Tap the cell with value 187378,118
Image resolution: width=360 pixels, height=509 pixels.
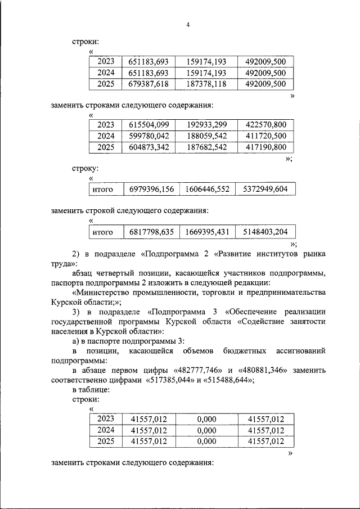click(204, 84)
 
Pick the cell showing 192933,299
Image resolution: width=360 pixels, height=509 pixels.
click(204, 125)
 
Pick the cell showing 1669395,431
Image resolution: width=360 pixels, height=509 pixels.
click(206, 232)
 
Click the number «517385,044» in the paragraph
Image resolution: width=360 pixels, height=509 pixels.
click(172, 379)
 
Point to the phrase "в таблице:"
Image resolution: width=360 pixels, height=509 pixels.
click(91, 389)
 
